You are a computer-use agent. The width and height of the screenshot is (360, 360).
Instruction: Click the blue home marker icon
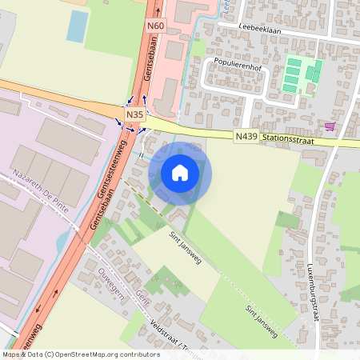click(x=180, y=173)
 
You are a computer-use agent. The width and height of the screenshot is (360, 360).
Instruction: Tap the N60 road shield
click(x=155, y=25)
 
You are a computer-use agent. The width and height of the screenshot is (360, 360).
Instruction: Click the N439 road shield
click(x=246, y=138)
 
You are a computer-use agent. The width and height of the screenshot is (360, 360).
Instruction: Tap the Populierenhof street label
click(x=238, y=62)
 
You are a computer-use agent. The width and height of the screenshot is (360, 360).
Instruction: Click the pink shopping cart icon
click(x=330, y=126)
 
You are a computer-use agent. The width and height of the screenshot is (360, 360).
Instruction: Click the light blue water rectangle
click(x=78, y=26)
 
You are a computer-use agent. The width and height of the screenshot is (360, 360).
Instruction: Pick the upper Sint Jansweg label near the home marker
click(x=185, y=246)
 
